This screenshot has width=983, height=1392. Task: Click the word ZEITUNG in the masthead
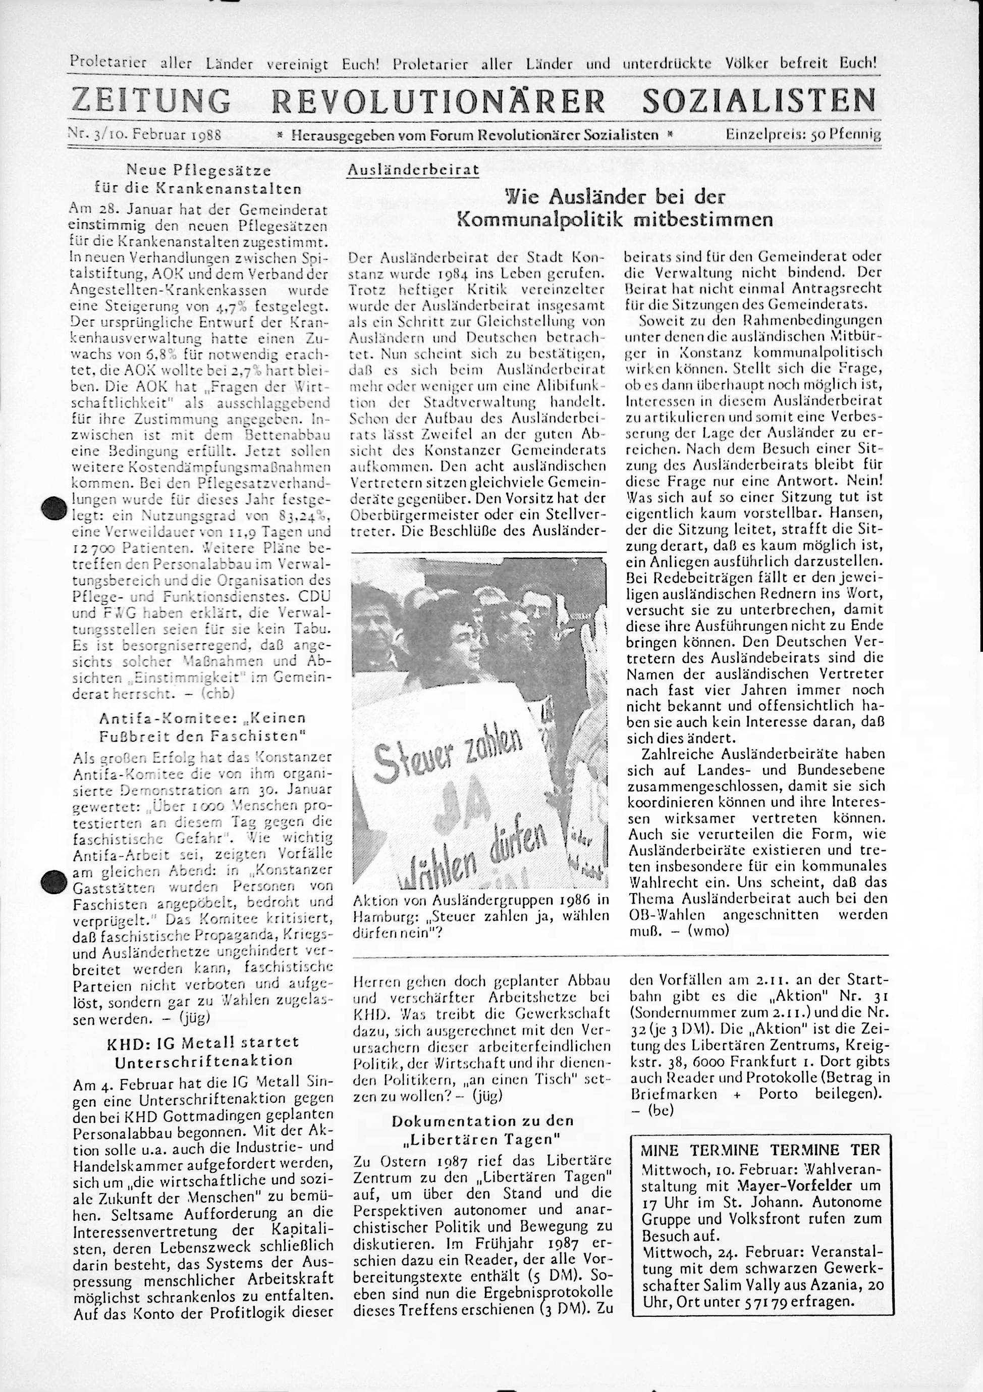point(151,100)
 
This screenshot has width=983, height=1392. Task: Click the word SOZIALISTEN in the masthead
point(759,100)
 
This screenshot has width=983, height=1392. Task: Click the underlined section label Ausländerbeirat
point(413,170)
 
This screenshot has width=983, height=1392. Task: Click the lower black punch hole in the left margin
point(54,881)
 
